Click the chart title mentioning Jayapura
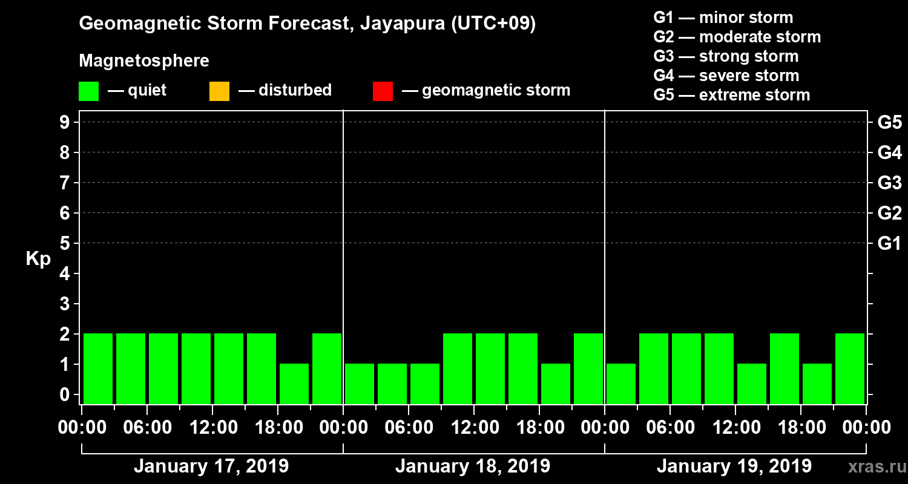pos(308,24)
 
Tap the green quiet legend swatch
pos(88,91)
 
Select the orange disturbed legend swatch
pos(219,91)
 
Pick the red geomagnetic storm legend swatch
pos(383,91)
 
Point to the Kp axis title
pos(38,259)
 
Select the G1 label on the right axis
pos(889,244)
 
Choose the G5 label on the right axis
pos(889,123)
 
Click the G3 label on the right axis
pos(889,183)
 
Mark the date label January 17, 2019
pos(211,466)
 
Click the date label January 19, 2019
pos(734,466)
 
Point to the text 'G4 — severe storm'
pos(726,76)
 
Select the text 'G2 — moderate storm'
pos(737,37)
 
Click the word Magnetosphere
pos(144,61)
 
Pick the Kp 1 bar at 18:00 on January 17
pos(294,383)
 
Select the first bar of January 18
pos(360,383)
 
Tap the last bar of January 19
pos(850,368)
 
